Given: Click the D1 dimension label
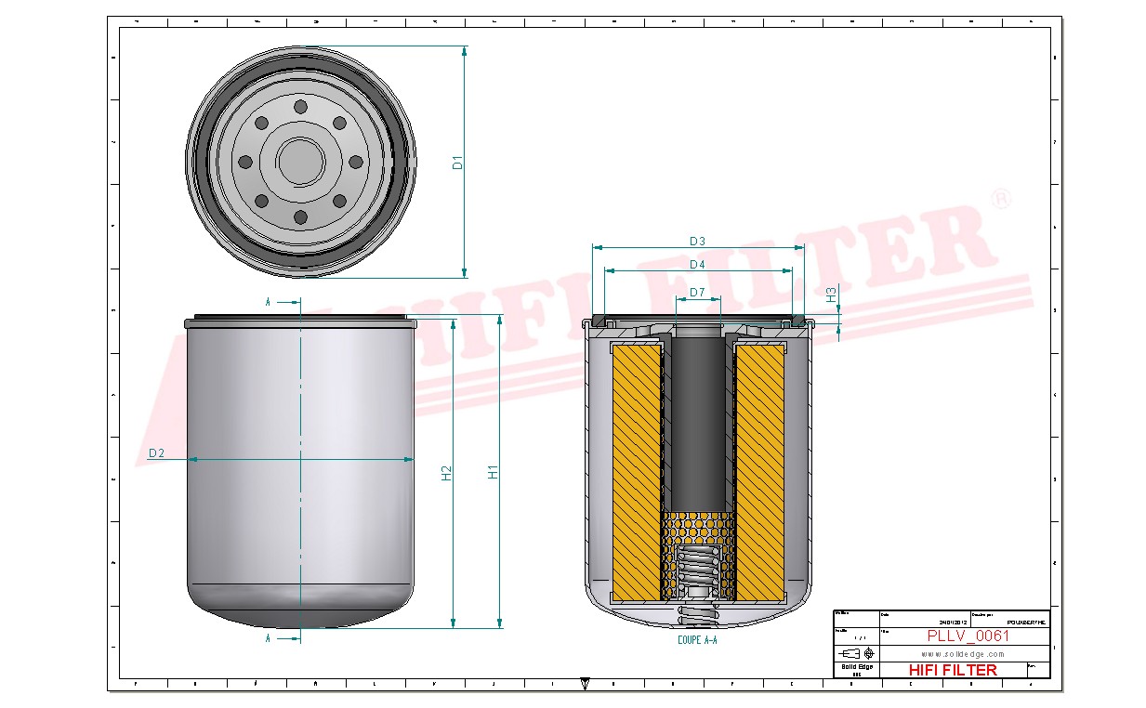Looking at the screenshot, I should [x=457, y=163].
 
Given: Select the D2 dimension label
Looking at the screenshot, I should [x=156, y=452].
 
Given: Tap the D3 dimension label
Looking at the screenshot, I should [x=697, y=242].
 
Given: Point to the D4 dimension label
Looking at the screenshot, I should [x=697, y=265].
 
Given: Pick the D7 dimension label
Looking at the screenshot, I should [x=697, y=294].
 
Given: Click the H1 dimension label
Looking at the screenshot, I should [x=494, y=471].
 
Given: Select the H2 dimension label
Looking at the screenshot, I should [x=446, y=472].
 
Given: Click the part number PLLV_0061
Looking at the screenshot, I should [x=968, y=636].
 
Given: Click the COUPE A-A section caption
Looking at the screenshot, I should [x=697, y=640].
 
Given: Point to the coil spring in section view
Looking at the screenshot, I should [x=697, y=572].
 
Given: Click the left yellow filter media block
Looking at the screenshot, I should [x=637, y=469].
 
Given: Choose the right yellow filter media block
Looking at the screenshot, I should [x=759, y=469].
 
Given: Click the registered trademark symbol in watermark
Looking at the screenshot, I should [x=1000, y=199].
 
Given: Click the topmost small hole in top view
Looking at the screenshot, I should [x=300, y=107].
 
